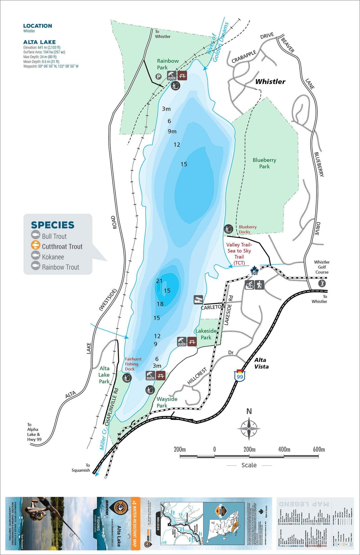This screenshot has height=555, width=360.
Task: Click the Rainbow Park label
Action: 168,64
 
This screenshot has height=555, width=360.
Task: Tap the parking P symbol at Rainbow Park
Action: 159,77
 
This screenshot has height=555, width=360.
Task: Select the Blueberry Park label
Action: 264,163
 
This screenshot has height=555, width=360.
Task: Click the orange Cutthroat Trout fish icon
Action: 36,246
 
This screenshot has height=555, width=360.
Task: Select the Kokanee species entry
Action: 53,257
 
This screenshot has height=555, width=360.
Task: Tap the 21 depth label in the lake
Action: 159,281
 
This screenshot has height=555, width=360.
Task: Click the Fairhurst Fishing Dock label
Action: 133,364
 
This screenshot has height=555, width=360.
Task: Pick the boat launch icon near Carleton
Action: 198,300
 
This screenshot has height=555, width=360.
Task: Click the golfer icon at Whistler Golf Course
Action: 322,283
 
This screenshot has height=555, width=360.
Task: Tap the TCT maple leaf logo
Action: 254,271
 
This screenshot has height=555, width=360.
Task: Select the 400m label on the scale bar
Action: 284,449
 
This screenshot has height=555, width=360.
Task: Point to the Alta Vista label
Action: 261,363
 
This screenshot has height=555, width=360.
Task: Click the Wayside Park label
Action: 167,402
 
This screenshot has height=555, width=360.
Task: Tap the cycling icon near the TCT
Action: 249,285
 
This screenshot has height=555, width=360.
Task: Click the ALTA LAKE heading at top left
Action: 39,42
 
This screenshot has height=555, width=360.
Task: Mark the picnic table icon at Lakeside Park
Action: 192,341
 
